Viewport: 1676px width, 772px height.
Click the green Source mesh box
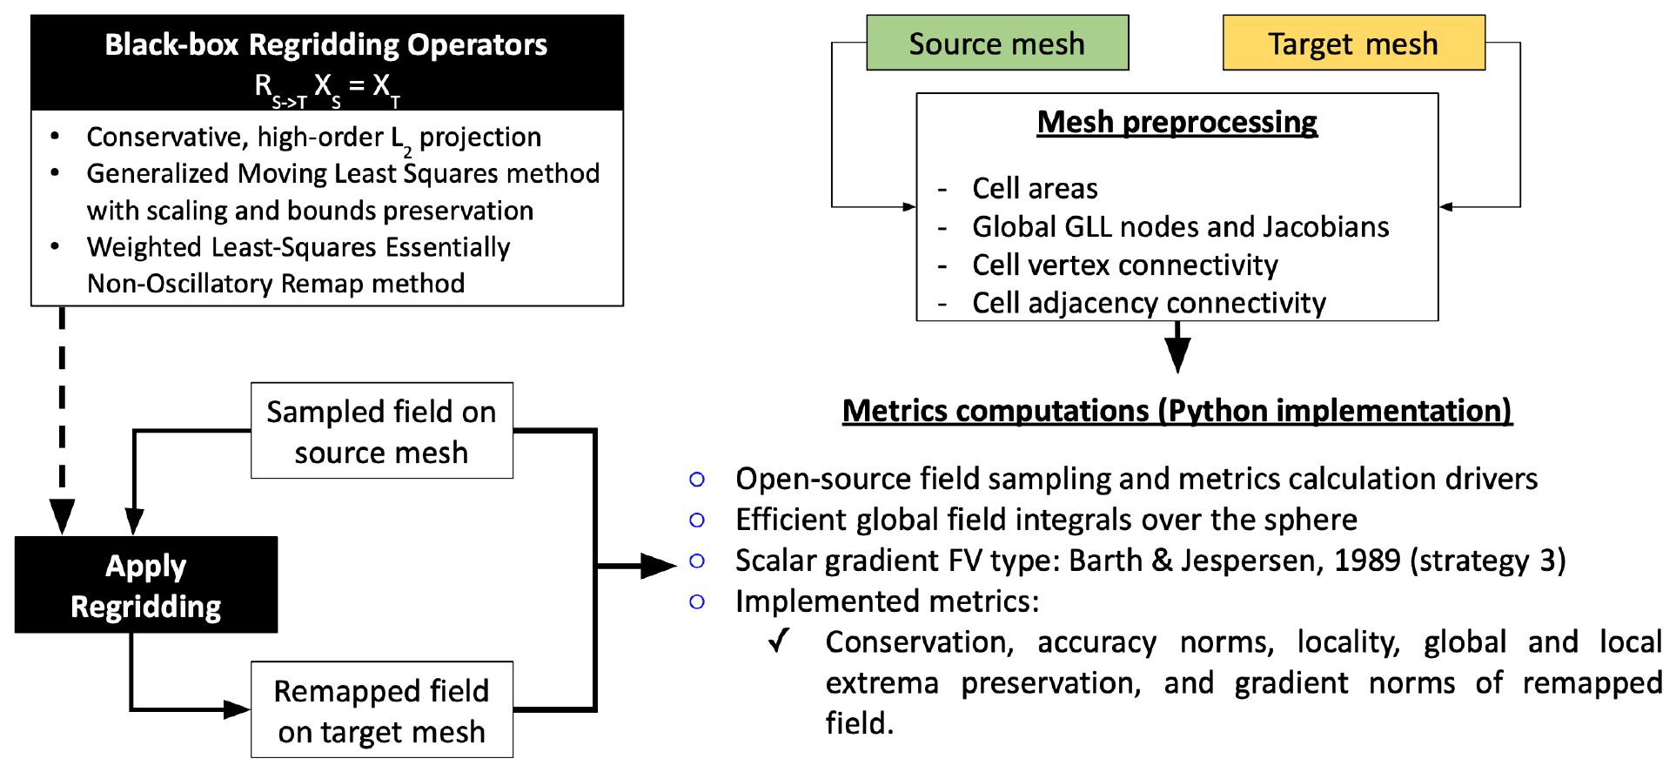997,43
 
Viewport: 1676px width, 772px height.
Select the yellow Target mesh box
1353,43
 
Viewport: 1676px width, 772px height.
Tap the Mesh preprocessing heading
1177,122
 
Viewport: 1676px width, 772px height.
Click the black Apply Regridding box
146,585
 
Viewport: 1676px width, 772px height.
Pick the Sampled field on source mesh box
381,431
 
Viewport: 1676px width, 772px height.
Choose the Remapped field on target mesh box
381,710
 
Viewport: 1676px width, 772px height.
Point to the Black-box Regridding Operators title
326,44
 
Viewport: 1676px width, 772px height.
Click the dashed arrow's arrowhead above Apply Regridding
62,517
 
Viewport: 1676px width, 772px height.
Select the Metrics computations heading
1177,410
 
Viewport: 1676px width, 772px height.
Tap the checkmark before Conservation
779,641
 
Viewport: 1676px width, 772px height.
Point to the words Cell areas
1035,188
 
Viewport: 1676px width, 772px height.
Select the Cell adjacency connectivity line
1149,303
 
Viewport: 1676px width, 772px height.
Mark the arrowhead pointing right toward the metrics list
659,566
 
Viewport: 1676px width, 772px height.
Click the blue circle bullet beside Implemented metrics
697,601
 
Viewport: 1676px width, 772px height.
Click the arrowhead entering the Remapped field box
237,709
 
